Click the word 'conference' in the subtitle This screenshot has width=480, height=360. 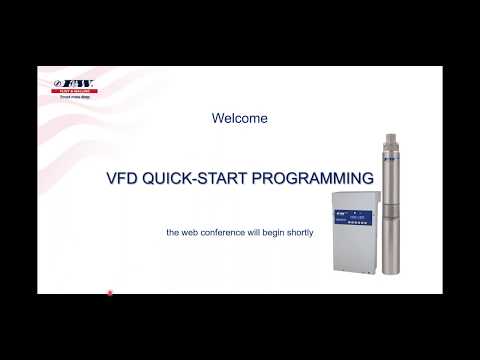coord(218,232)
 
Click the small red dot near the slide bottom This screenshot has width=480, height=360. coord(110,293)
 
